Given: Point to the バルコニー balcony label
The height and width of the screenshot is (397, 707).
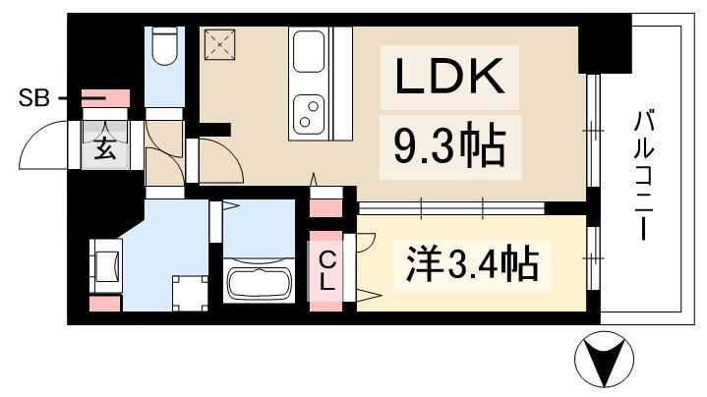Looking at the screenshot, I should click(645, 177).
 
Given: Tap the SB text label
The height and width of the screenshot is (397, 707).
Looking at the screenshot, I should click(31, 98).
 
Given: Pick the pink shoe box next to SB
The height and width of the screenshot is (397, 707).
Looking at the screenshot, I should click(105, 98).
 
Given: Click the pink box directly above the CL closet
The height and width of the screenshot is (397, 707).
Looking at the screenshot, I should click(324, 206).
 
